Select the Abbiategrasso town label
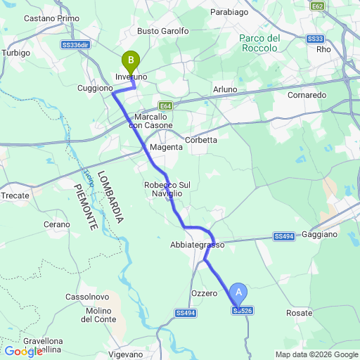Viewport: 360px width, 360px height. coord(197,245)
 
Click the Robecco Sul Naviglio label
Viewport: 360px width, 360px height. coord(163,188)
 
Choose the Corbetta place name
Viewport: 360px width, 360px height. coord(201,140)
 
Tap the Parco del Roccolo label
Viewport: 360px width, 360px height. coord(260,42)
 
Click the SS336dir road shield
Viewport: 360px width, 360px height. coord(75,44)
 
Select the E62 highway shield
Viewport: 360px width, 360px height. coord(317,6)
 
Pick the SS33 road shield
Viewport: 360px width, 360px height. coord(316,39)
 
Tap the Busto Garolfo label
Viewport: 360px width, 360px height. coord(163,31)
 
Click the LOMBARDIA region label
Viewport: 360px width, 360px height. coord(110,197)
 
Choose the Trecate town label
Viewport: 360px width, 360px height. coord(15,195)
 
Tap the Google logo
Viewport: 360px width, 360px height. coord(23,351)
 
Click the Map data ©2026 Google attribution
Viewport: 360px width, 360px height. coord(316,354)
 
